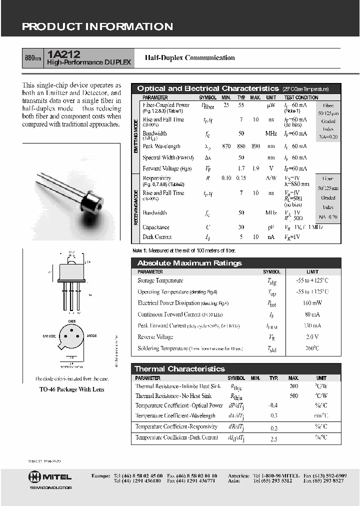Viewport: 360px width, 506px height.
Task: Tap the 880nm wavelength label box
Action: (33, 58)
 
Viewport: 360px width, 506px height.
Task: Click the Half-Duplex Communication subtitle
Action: (189, 57)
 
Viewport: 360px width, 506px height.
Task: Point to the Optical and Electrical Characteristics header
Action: (207, 88)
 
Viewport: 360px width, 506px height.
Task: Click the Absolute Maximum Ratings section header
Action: (189, 263)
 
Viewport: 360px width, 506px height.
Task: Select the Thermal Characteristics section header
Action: (180, 369)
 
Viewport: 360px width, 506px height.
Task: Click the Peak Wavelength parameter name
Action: (161, 146)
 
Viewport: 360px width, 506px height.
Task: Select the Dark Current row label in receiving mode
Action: (157, 237)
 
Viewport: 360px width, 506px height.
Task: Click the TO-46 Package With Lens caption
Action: (72, 389)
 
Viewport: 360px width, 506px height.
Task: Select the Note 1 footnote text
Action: (183, 250)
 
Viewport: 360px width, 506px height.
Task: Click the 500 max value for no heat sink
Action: (293, 396)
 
